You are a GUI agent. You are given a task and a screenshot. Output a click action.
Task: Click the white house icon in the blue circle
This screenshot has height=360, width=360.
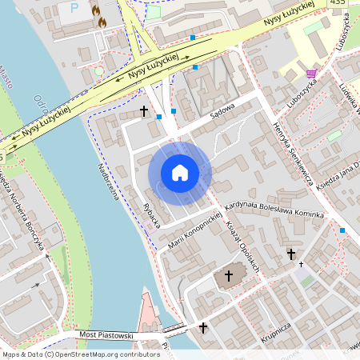tap(179, 172)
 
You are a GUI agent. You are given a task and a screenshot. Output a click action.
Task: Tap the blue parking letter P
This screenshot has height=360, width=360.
tap(75, 8)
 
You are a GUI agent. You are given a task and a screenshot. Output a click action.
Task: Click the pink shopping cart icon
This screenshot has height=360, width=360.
tap(310, 74)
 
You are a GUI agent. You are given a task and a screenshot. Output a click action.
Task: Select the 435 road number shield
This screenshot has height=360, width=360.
tap(338, 3)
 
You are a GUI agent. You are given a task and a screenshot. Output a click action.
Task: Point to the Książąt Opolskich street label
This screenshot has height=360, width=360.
tap(243, 246)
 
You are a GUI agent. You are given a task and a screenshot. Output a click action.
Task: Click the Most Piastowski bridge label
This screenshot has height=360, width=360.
tap(106, 335)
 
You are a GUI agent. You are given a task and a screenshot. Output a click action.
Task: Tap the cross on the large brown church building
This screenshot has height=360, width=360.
tap(228, 276)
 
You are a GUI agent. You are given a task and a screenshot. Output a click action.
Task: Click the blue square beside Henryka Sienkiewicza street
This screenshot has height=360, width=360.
tap(342, 230)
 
